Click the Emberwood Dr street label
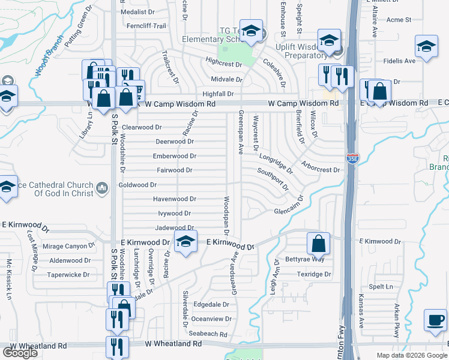[x=175, y=156]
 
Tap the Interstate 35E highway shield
[x=352, y=159]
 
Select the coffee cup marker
[x=435, y=320]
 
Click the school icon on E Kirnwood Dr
[x=185, y=242]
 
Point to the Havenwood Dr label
[x=175, y=199]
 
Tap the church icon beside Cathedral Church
[x=102, y=189]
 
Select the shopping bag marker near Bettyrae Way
[x=318, y=244]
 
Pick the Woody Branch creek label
[x=49, y=55]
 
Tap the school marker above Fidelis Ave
[x=426, y=47]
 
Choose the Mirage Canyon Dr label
[x=69, y=246]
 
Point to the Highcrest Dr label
[x=223, y=63]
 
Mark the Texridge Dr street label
[x=314, y=274]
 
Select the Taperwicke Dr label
[x=69, y=275]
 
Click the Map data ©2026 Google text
[x=411, y=355]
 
